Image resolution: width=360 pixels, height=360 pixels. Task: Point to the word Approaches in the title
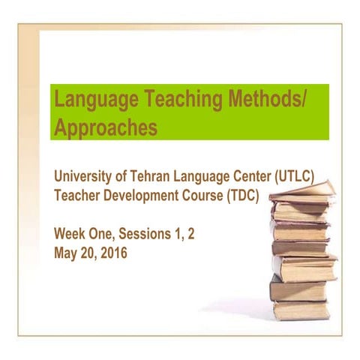tap(106, 127)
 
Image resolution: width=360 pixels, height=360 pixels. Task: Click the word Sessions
tap(148, 234)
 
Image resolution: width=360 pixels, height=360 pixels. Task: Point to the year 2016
tap(112, 253)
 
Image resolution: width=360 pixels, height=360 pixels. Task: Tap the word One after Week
tap(103, 234)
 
